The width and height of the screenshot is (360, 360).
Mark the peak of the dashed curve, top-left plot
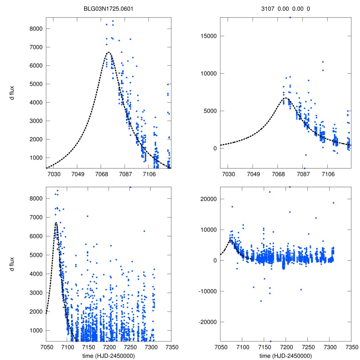[x=109, y=52]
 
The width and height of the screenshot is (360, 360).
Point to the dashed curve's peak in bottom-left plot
[x=56, y=223]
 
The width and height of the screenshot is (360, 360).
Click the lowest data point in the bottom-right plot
[x=270, y=341]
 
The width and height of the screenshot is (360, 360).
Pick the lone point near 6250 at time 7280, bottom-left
[x=144, y=231]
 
